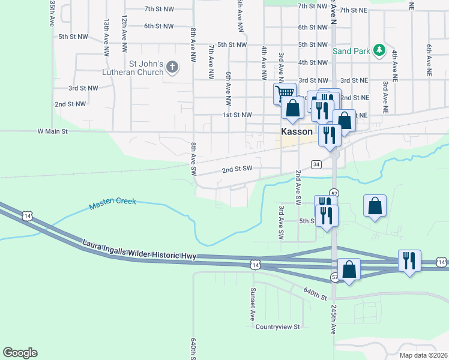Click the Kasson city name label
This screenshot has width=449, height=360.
coord(297,131)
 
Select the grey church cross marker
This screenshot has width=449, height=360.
coord(172,67)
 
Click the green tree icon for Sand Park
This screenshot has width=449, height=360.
coord(379,50)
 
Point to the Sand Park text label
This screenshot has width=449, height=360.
coord(352,52)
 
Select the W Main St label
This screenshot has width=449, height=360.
coord(53,130)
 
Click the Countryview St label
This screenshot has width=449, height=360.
coord(277,327)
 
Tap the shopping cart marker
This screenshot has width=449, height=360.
coord(285,92)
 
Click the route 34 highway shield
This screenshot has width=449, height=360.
coord(316,164)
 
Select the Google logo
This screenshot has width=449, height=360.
coord(20,353)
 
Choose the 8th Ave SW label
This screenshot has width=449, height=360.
coord(194,158)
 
